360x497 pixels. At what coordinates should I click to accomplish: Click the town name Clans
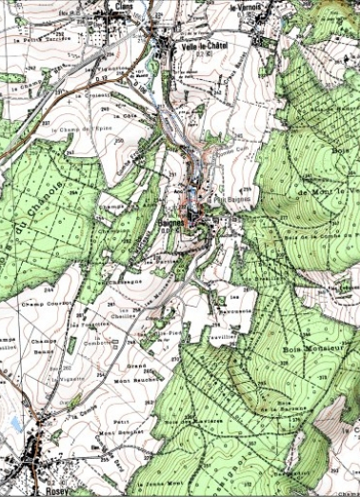coord(123,6)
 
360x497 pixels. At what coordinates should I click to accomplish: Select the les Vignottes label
coord(103,69)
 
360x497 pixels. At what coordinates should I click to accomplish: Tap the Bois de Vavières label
coord(194,421)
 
